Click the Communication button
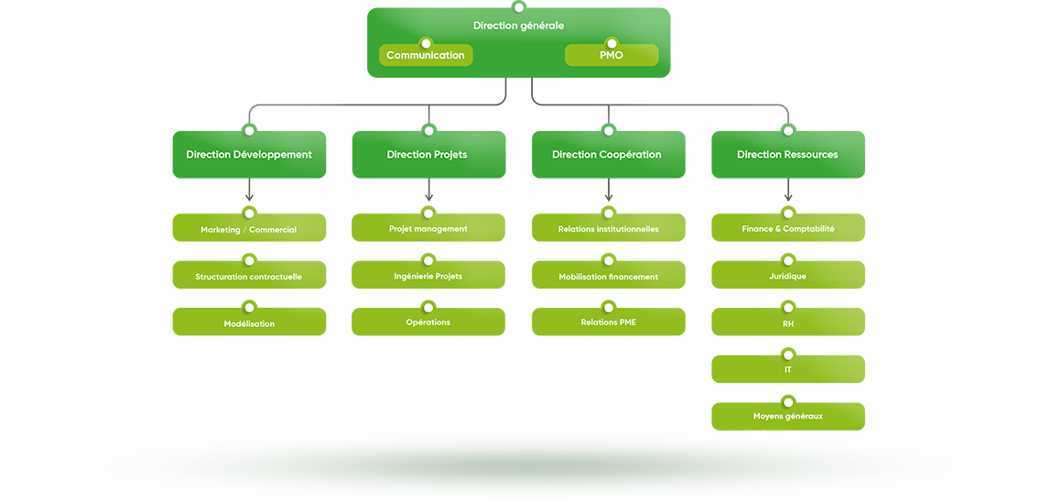coord(426,56)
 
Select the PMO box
coord(612,56)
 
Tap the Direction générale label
coord(518,26)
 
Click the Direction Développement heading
coord(249,155)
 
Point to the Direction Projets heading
coord(427,155)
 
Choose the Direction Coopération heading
coord(606,155)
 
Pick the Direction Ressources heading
coord(787,155)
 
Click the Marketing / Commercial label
coord(249,230)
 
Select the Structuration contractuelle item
coord(248,277)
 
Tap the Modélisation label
coord(249,324)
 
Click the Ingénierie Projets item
coord(428,276)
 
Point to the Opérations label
coord(428,322)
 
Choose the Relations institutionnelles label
coord(608,229)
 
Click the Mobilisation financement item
coord(608,277)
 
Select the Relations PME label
coord(608,322)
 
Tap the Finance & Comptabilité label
coord(788,229)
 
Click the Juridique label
coord(787,276)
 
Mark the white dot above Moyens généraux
coord(788,402)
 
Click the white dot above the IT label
coord(788,355)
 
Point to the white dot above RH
coord(788,309)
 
